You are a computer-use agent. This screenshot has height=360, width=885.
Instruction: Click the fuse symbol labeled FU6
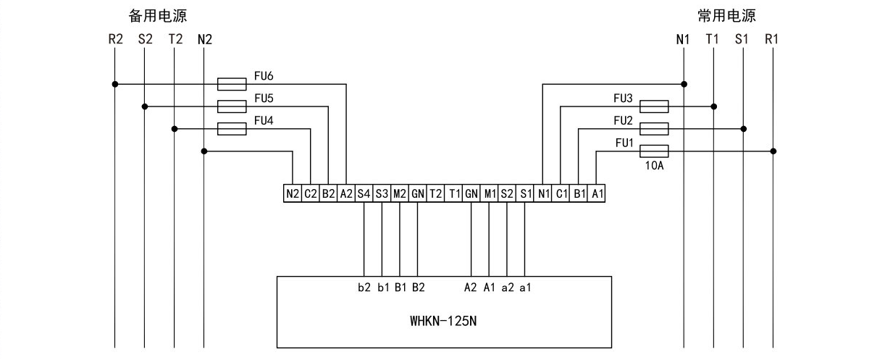coord(232,84)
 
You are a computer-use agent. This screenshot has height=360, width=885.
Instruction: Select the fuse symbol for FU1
coord(654,151)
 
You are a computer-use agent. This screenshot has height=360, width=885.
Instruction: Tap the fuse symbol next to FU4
coord(232,129)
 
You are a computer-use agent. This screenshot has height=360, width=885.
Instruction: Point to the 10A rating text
coord(654,166)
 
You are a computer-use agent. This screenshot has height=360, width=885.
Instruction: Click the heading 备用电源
coord(158,16)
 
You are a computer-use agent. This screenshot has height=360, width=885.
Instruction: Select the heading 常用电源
coord(726,16)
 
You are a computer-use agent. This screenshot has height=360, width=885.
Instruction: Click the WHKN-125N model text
coord(443,321)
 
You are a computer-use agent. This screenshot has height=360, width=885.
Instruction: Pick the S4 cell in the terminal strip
coord(364,193)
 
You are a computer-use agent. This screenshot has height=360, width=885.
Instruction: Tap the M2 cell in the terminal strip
coord(400,193)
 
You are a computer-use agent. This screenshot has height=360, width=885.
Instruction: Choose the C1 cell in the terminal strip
coord(561,193)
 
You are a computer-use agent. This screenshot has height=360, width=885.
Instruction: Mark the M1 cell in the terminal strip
coord(489,193)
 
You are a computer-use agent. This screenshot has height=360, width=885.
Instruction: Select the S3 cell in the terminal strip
coord(382,193)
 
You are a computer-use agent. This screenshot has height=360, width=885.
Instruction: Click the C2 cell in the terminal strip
coord(310,193)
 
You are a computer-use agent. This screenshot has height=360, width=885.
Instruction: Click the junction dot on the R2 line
coord(115,84)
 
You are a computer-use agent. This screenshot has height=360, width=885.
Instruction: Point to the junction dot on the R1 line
coord(773,151)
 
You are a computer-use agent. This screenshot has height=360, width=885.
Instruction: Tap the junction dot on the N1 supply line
coord(684,84)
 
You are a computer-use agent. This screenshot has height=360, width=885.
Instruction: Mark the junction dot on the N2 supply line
coord(204,151)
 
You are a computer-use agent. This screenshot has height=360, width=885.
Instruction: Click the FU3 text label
coord(623,98)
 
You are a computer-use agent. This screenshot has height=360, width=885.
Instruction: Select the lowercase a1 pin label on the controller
coord(525,288)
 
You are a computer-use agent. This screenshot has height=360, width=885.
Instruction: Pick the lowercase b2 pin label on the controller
coord(364,288)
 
